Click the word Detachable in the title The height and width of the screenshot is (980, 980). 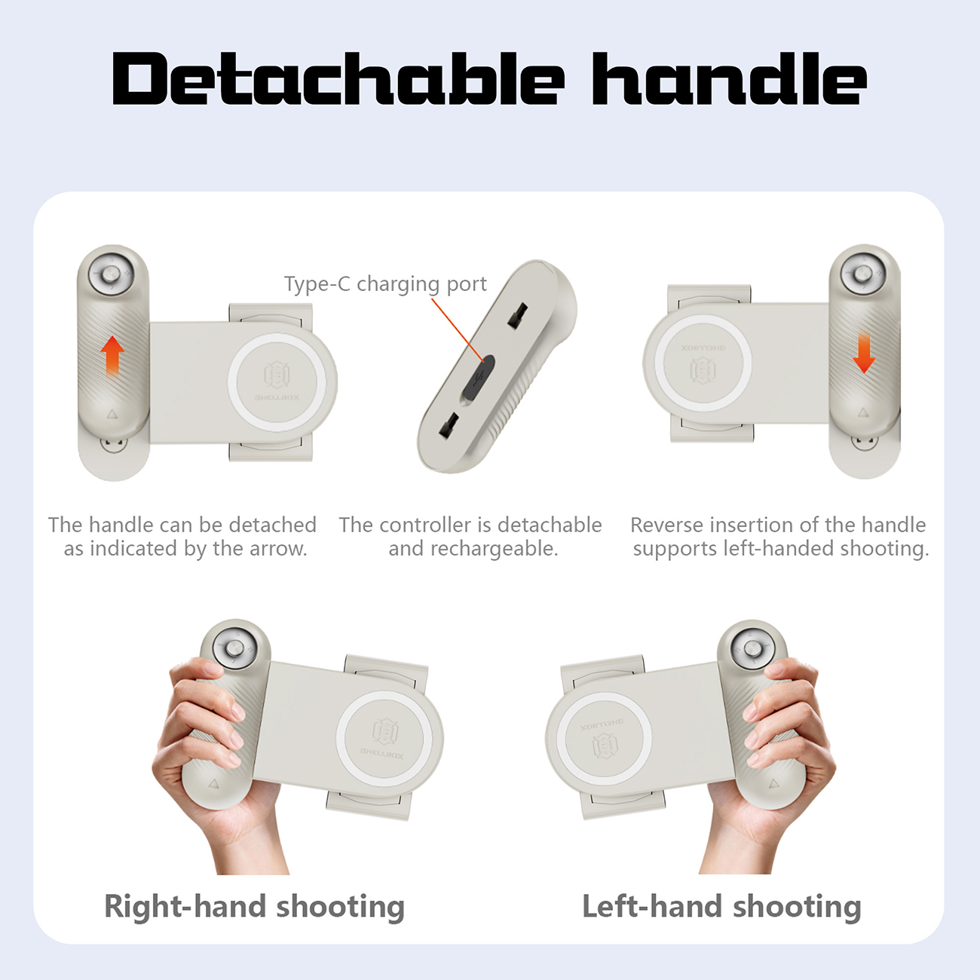338,78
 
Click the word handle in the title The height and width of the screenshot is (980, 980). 730,78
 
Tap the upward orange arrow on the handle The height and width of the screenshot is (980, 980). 112,356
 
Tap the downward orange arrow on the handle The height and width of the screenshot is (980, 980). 864,353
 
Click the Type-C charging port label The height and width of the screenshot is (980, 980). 385,283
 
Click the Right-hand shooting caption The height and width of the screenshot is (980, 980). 254,906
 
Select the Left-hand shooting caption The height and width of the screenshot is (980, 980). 721,906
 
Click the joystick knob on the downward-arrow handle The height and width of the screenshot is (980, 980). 862,274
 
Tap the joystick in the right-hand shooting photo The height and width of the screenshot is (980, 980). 234,648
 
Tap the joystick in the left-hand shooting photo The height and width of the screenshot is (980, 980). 752,648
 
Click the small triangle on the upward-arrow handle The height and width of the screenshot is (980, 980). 112,414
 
